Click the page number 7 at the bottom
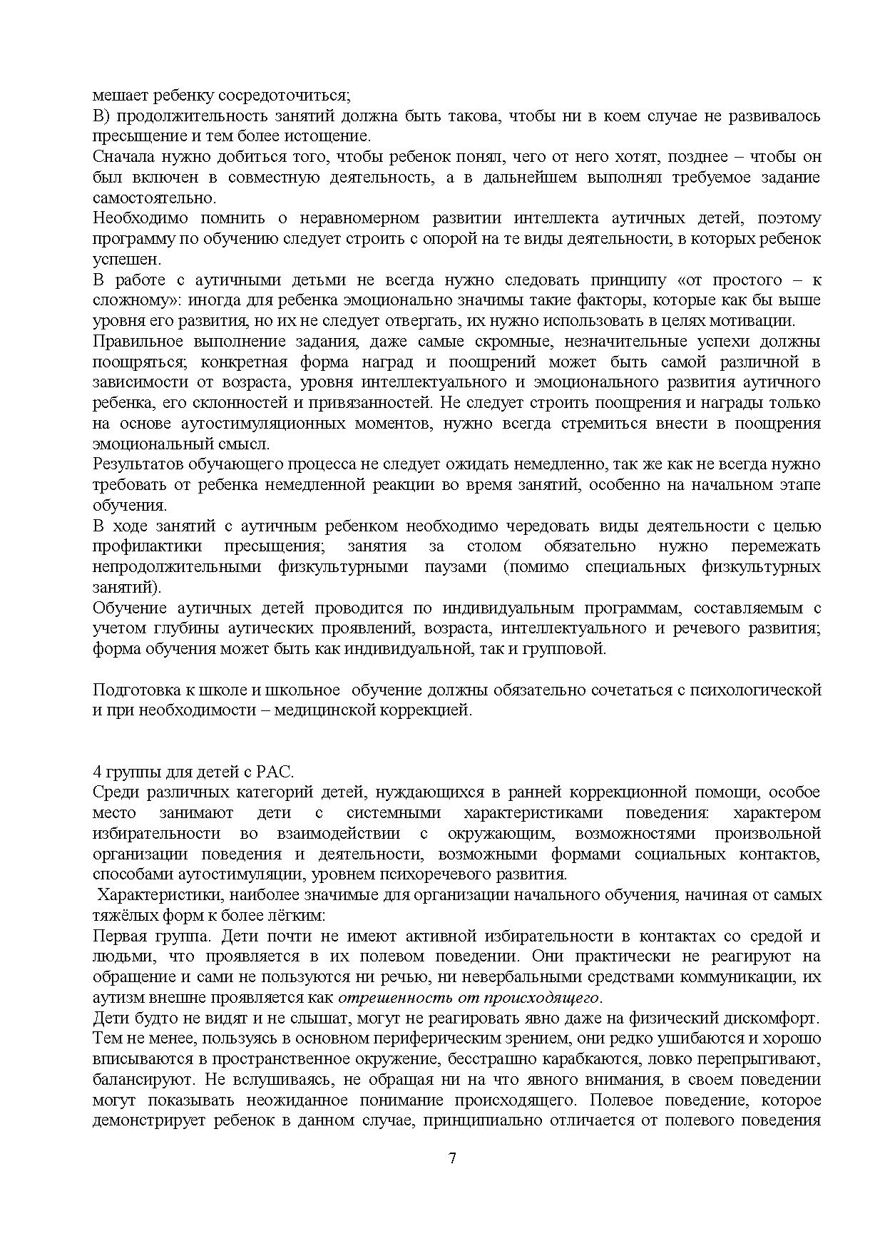(452, 1158)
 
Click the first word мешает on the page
(115, 95)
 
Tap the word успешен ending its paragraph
(118, 259)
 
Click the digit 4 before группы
(97, 772)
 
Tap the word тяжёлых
(121, 915)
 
